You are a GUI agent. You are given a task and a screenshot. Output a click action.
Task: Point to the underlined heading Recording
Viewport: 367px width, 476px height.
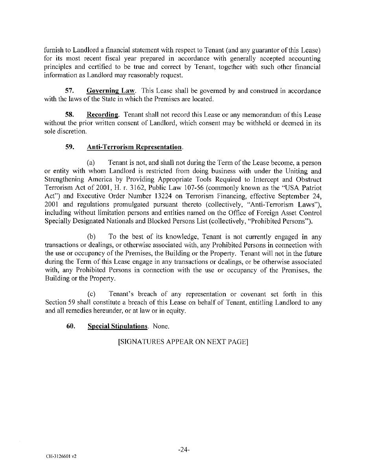(102, 115)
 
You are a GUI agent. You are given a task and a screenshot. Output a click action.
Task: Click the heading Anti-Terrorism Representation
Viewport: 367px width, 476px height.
(135, 147)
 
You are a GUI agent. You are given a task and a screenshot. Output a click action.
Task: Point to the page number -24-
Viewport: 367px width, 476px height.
(184, 450)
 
